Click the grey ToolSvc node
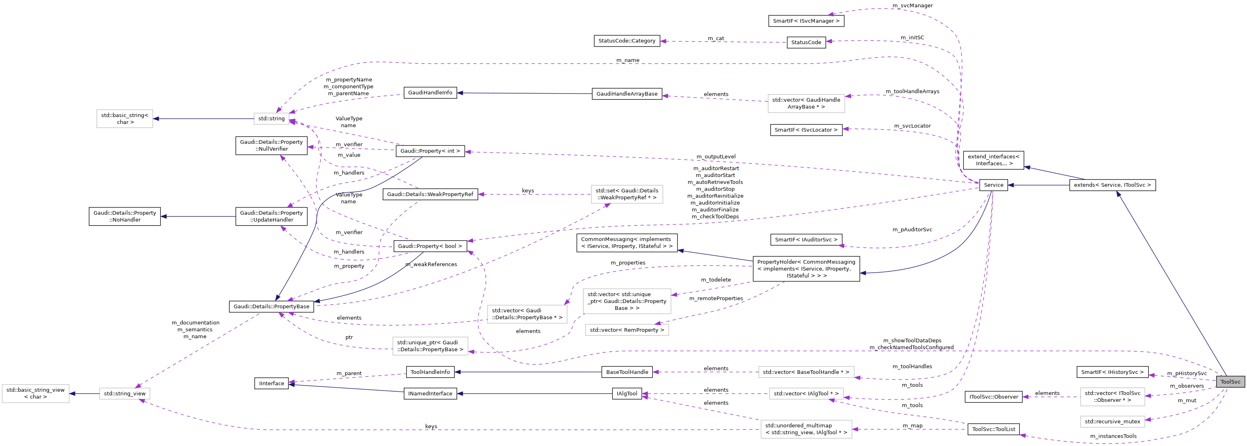(x=1230, y=382)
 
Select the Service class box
(x=993, y=185)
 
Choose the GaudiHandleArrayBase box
(x=627, y=94)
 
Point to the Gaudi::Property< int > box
(x=430, y=151)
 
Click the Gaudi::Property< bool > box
(x=430, y=246)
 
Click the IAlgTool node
(x=627, y=394)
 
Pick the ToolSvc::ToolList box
(x=993, y=429)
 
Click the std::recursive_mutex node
(x=1112, y=421)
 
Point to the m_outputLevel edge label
(x=716, y=156)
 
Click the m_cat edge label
(x=716, y=38)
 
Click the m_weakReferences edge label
(x=431, y=265)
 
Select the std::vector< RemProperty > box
(x=627, y=330)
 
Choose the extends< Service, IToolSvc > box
(x=1112, y=185)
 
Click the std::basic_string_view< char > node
(x=35, y=393)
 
